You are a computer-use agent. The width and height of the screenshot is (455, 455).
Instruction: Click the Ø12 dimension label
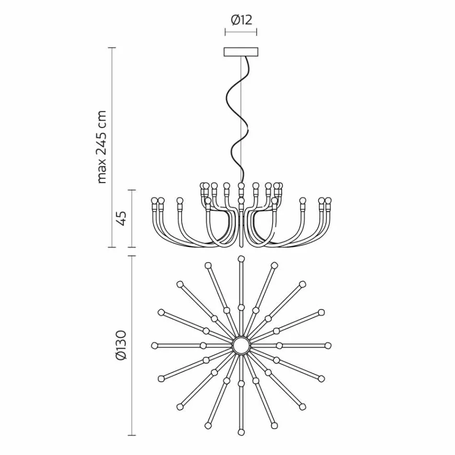241,20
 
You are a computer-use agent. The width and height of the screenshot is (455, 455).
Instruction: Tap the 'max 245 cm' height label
102,147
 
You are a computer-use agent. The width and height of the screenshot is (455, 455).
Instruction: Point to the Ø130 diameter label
121,345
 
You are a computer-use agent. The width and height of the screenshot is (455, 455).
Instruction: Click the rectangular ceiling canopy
241,52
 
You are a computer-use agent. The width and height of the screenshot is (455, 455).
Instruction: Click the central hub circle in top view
241,345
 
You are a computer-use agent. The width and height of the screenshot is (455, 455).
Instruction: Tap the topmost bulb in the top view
241,259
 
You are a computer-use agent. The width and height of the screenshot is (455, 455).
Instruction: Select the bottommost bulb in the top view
241,432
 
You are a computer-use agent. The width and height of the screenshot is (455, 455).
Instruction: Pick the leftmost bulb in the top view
154,345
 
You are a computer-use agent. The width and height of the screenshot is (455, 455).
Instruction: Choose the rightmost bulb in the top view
328,345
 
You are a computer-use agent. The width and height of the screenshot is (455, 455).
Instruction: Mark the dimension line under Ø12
241,32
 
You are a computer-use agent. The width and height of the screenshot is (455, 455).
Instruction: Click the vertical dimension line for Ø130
132,345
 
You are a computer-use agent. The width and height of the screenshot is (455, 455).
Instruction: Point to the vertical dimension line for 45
132,219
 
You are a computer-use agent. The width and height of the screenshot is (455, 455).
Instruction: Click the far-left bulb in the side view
154,200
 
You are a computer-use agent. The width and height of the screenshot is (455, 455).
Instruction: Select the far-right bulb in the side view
328,200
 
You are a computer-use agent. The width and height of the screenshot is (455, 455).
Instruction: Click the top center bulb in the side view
241,185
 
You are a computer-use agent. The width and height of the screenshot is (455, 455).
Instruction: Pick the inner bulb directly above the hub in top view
241,306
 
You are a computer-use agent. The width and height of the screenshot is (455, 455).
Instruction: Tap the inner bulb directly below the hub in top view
241,384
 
